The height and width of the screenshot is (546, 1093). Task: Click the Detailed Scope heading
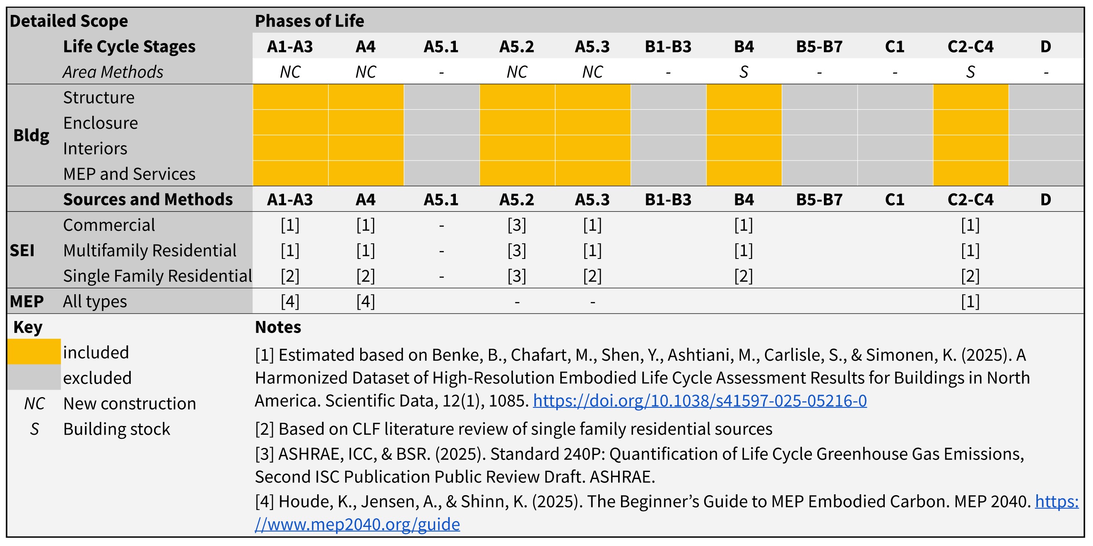(x=68, y=21)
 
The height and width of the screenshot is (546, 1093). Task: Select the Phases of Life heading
(x=309, y=21)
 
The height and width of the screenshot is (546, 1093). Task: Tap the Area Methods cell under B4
(x=744, y=72)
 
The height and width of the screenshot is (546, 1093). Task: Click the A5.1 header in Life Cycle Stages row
(x=441, y=46)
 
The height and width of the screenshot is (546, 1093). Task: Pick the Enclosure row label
(x=101, y=123)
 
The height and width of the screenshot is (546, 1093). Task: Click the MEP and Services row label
(x=129, y=174)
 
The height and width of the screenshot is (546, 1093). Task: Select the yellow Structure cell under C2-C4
(x=970, y=97)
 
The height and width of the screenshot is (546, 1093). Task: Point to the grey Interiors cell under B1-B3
(x=668, y=148)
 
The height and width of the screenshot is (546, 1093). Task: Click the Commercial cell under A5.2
(x=516, y=225)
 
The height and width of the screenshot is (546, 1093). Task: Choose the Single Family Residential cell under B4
(x=744, y=276)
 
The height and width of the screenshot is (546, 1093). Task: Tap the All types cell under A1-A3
(x=290, y=302)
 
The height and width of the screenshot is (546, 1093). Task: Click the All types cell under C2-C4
(x=970, y=302)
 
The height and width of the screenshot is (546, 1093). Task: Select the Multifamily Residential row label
(x=149, y=251)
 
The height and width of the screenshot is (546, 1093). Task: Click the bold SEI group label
(x=22, y=251)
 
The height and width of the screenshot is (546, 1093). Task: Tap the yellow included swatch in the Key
(x=34, y=352)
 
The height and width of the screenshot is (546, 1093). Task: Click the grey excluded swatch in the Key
(x=34, y=377)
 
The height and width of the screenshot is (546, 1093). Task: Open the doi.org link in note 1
(x=700, y=400)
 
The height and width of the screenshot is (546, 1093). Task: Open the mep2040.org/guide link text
(x=357, y=524)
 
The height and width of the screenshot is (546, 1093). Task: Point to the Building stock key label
(x=116, y=429)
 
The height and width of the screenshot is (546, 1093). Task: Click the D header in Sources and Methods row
(x=1045, y=199)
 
